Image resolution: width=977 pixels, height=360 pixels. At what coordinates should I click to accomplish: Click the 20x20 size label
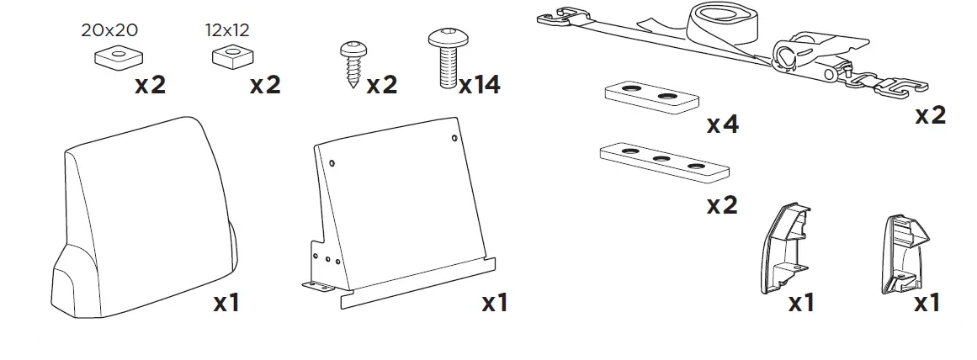point(109,31)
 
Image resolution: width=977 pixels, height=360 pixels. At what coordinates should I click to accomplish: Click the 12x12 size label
point(227,31)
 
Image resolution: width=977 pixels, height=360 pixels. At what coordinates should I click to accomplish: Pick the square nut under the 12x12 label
point(227,59)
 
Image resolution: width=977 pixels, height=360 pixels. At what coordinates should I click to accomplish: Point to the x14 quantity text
point(479,85)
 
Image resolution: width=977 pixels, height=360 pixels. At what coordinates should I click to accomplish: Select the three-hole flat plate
point(663,161)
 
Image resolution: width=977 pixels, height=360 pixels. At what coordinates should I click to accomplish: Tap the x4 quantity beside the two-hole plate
point(722,125)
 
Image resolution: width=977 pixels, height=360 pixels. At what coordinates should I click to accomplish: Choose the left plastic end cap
point(785,249)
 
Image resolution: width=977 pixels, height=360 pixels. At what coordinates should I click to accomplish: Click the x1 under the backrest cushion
point(225,302)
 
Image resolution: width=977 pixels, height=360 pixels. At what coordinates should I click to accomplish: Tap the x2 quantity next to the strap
point(930,115)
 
